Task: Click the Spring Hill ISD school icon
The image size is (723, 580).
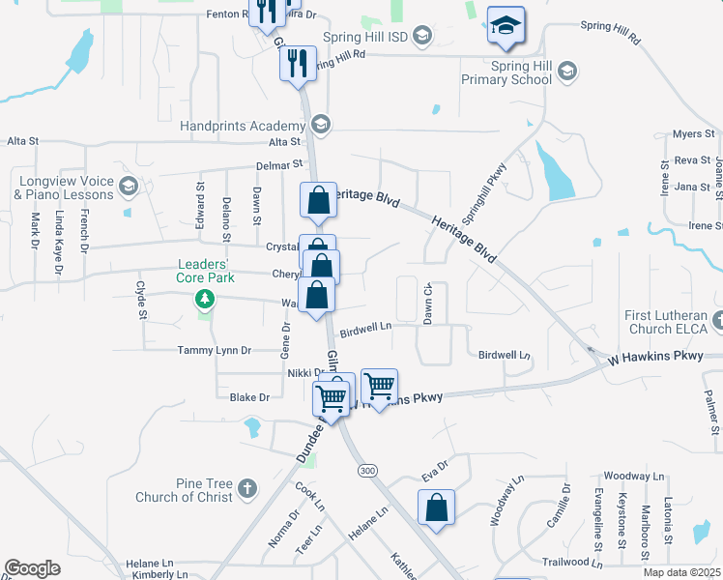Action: pyautogui.click(x=421, y=36)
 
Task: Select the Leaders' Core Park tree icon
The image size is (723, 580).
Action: pyautogui.click(x=204, y=299)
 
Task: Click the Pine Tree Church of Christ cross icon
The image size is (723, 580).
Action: pyautogui.click(x=247, y=486)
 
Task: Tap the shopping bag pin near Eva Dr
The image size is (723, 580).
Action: pyautogui.click(x=437, y=507)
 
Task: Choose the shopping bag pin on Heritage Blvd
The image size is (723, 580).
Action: pyautogui.click(x=318, y=201)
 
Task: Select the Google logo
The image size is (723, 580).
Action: pyautogui.click(x=32, y=568)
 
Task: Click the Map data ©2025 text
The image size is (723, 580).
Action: pyautogui.click(x=681, y=572)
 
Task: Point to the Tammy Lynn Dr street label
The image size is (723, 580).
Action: pyautogui.click(x=214, y=350)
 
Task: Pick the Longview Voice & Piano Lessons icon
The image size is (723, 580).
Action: pyautogui.click(x=127, y=185)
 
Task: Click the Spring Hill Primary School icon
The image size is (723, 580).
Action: pyautogui.click(x=567, y=71)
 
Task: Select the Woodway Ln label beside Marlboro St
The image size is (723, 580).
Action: pyautogui.click(x=633, y=477)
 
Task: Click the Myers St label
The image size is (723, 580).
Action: pyautogui.click(x=692, y=133)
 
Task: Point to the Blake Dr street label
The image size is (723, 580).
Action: pyautogui.click(x=249, y=397)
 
